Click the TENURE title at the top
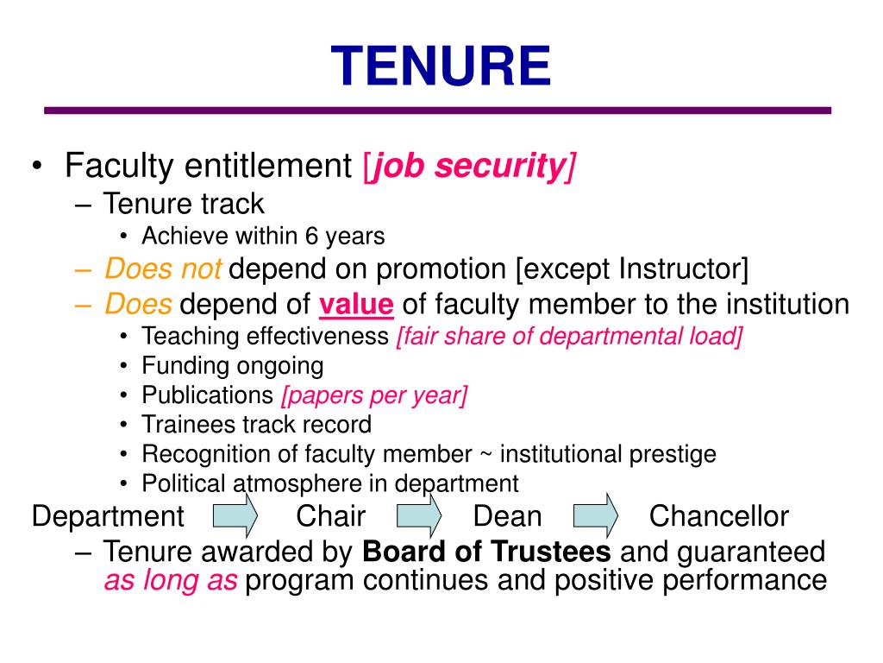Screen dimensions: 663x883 click(x=441, y=67)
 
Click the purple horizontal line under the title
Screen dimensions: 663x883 click(x=437, y=110)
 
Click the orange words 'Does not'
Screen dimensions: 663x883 click(x=163, y=270)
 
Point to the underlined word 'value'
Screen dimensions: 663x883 click(x=356, y=305)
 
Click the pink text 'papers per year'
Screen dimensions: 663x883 click(x=374, y=395)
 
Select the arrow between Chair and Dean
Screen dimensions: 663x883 click(x=419, y=515)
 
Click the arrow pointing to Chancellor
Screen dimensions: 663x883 click(x=597, y=515)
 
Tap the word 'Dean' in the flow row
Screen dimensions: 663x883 click(x=507, y=517)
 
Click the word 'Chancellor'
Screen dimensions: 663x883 click(x=718, y=517)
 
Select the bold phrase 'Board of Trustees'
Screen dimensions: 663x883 click(x=487, y=552)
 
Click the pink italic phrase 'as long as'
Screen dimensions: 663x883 click(x=170, y=581)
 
